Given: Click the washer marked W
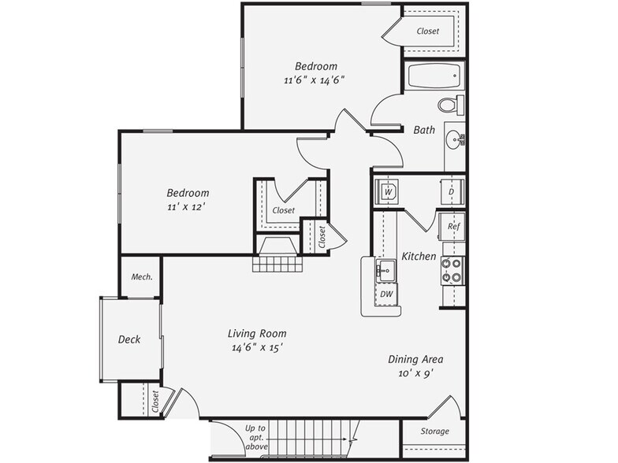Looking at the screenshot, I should click(x=388, y=191).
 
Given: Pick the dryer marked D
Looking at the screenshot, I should click(x=452, y=191).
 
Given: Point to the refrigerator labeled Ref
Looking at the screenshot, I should click(x=452, y=226).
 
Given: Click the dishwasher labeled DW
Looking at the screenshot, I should click(x=386, y=294).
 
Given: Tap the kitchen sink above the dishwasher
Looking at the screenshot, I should click(x=385, y=270).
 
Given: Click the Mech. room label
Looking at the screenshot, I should click(x=141, y=276).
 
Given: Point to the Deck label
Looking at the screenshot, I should click(x=129, y=339).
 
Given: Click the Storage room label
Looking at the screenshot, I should click(x=434, y=432).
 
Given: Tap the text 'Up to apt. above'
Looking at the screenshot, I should click(x=256, y=438).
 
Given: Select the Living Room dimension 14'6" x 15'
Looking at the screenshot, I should click(x=257, y=347).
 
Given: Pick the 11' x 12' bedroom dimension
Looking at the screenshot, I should click(x=187, y=208).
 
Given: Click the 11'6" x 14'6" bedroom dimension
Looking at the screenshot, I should click(x=315, y=80).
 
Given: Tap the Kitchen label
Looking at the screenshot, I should click(x=419, y=257).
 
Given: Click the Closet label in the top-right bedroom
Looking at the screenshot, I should click(x=428, y=31).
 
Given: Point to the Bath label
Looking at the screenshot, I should click(x=424, y=131).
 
